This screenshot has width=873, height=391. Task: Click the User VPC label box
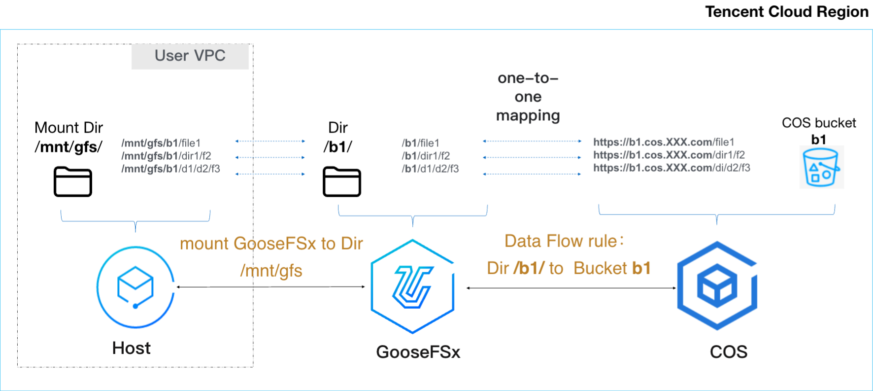(190, 56)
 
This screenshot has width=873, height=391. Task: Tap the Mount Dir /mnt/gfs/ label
(68, 137)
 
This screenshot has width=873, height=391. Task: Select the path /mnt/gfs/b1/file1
(161, 143)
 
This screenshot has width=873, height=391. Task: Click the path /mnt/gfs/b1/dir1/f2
(166, 156)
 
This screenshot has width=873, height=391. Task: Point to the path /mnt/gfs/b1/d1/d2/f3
(170, 169)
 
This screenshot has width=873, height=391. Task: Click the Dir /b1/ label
(338, 137)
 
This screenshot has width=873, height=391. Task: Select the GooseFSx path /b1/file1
(420, 143)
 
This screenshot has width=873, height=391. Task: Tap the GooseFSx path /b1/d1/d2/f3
(430, 169)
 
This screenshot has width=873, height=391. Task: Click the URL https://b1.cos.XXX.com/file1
(664, 142)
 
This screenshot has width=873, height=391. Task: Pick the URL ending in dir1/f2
(669, 155)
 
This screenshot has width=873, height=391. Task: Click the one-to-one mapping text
(528, 97)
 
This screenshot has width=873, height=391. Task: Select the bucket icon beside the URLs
(821, 167)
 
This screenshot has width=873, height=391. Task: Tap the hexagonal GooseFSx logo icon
(413, 286)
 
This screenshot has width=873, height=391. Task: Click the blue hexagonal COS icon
(717, 286)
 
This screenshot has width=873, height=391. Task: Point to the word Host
(131, 348)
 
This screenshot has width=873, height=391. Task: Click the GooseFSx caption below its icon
(418, 352)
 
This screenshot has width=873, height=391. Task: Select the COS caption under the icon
(729, 352)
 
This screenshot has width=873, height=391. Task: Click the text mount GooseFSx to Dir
(271, 244)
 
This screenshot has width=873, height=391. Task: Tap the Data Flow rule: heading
(565, 241)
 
